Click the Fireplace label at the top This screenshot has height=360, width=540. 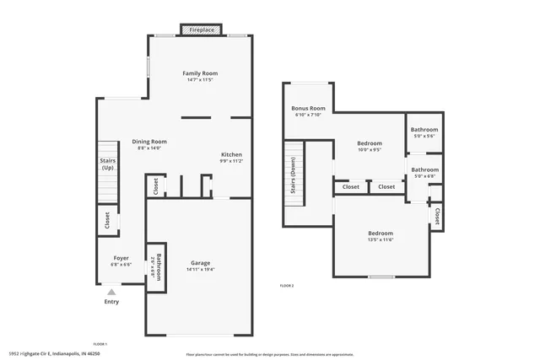tap(201, 30)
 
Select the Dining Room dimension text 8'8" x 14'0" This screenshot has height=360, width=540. tap(148, 148)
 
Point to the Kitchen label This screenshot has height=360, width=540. tap(232, 154)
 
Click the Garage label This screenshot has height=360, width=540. tap(200, 263)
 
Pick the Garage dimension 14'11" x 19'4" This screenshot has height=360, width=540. tap(200, 270)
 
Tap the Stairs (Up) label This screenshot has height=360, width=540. tap(107, 164)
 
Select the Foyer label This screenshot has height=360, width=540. tap(121, 258)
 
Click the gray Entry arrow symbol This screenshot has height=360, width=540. tap(111, 292)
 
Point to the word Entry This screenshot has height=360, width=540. tap(111, 302)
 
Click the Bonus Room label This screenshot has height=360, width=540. tap(308, 108)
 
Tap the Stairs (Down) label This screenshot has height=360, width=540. tap(293, 175)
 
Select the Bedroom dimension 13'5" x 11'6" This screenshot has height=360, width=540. tap(381, 240)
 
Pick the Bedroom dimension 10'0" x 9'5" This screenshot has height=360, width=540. tap(370, 150)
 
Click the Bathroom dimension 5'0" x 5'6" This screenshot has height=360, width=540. tap(424, 136)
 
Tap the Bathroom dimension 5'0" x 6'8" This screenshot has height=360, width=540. tap(424, 176)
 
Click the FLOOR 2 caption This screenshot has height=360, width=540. tap(287, 286)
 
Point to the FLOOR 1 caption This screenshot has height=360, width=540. tap(100, 344)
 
